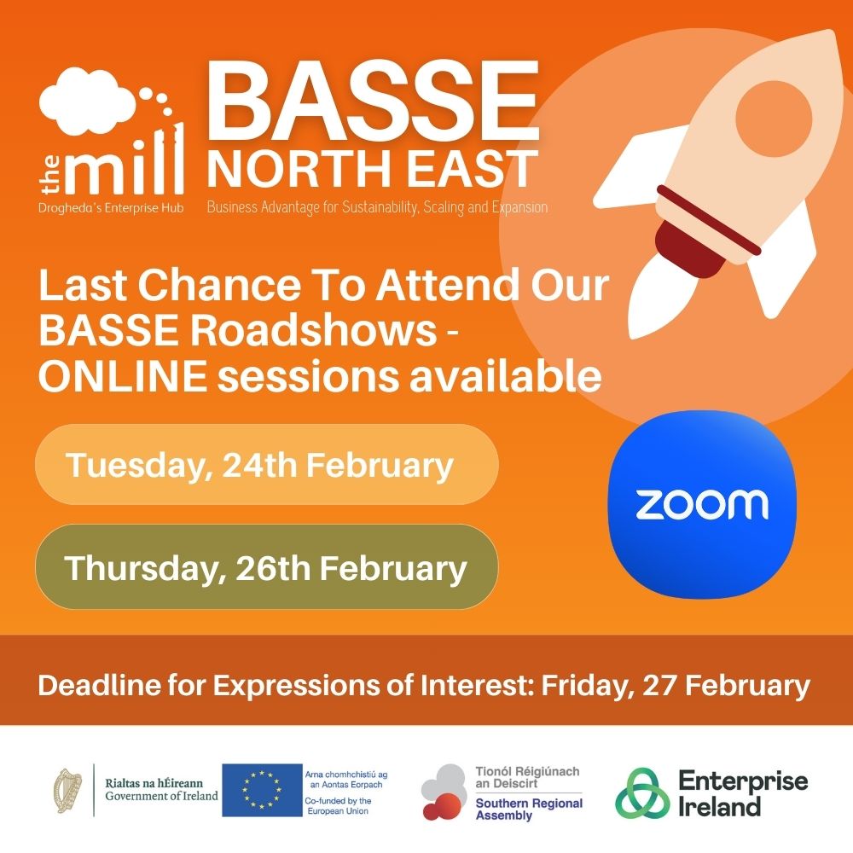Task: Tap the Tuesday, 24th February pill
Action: [x=266, y=465]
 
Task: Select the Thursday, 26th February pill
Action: [x=266, y=567]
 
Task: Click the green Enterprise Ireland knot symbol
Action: [x=642, y=792]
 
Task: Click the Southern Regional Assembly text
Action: [x=529, y=809]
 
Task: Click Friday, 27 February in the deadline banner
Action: [x=678, y=685]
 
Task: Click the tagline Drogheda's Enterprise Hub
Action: [x=111, y=207]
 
